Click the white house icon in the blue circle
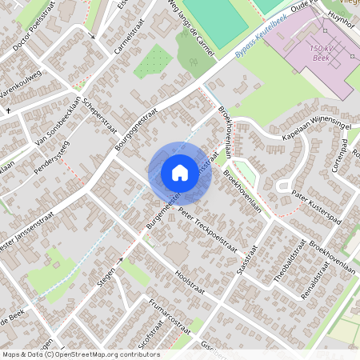pyautogui.click(x=180, y=172)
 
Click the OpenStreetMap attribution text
pyautogui.click(x=80, y=354)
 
